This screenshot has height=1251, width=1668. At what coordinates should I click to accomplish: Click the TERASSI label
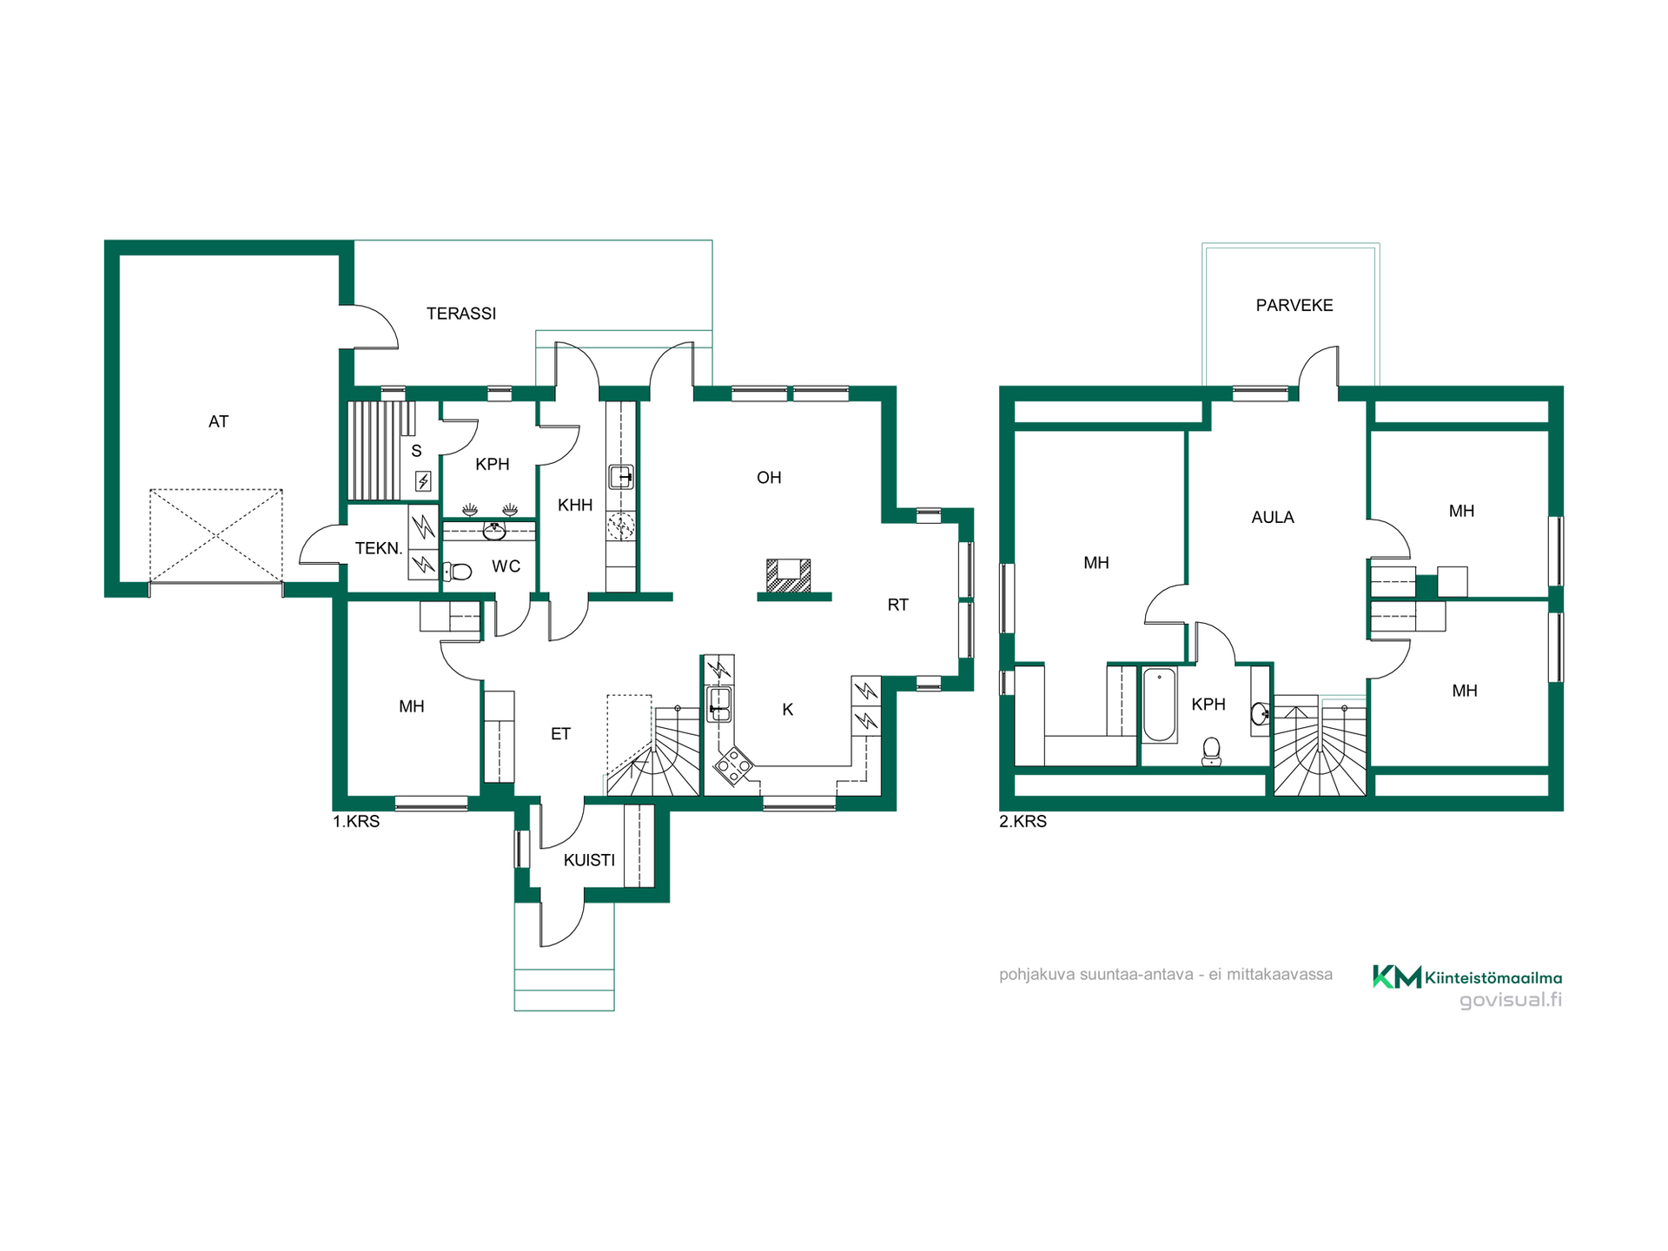pos(461,314)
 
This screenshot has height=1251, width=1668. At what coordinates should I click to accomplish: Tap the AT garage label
pos(218,421)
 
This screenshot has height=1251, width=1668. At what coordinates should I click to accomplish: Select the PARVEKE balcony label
pos(1294,305)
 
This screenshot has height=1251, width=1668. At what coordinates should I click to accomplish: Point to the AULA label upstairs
pos(1273,517)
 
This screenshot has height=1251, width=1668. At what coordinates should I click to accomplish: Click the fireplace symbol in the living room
pos(789,576)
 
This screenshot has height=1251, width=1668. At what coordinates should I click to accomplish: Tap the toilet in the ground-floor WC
pos(458,571)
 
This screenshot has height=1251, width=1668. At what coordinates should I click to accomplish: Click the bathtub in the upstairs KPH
pos(1159,705)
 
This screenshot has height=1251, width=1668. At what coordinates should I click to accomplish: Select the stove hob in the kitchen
pos(733,765)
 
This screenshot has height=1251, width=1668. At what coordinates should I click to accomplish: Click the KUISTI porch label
pos(589,860)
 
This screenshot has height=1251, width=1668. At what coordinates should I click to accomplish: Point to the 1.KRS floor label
pos(356,821)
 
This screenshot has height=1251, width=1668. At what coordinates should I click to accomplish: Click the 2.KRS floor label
pos(1023,821)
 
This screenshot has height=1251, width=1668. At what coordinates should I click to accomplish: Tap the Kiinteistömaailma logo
pos(1467,977)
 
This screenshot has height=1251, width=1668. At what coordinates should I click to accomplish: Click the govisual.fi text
pos(1511,1000)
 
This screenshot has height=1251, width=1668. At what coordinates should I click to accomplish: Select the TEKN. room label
pos(379,548)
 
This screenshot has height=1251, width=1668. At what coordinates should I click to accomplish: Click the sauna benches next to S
pos(375,450)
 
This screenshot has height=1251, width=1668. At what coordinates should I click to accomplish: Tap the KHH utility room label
pos(575,505)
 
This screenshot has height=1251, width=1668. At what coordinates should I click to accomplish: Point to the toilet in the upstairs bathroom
pos(1211,751)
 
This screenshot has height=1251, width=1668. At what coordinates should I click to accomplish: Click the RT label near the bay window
pos(898,605)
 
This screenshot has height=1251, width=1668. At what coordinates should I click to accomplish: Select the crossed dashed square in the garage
pos(216,536)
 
